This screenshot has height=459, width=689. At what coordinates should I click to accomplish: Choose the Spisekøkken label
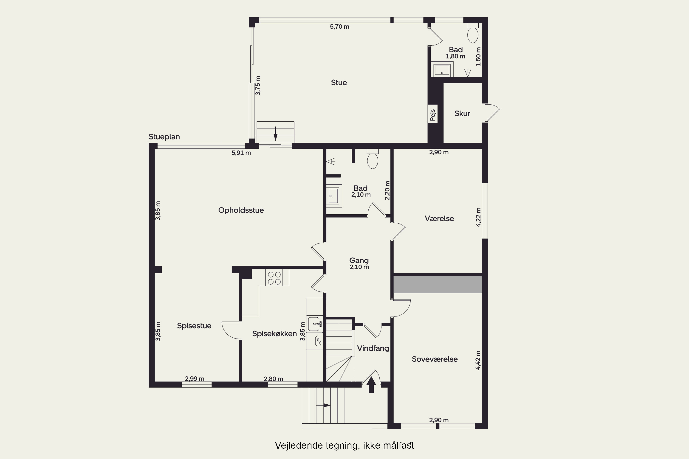[x=274, y=334]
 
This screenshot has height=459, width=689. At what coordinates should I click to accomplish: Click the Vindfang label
[x=373, y=348]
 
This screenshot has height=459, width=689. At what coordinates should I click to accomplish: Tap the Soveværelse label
[x=435, y=359]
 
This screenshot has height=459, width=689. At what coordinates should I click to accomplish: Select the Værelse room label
[x=439, y=218]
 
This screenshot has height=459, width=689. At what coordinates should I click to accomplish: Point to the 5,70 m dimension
[x=339, y=27]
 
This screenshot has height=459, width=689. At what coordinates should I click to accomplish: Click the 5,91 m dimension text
[x=241, y=153]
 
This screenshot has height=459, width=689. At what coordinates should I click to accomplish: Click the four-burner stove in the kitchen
[x=277, y=277]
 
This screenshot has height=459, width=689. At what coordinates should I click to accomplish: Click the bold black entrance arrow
[x=371, y=385]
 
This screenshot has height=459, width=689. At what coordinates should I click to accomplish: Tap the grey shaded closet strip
[x=438, y=284]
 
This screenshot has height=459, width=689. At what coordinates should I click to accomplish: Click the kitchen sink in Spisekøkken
[x=315, y=324]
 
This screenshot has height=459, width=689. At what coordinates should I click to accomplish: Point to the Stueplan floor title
[x=164, y=137]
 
